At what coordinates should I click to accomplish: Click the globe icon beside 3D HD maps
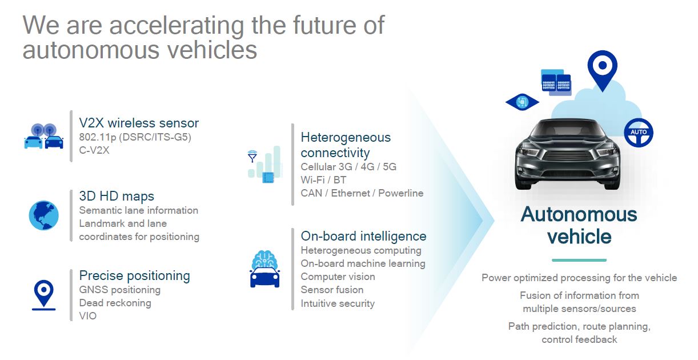tap(43, 215)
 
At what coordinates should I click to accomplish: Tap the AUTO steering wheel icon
tap(639, 133)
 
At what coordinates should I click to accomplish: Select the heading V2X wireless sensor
tap(139, 123)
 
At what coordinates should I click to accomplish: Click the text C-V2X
tap(94, 150)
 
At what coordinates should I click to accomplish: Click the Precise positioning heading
tap(134, 275)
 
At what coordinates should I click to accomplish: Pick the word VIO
tap(88, 316)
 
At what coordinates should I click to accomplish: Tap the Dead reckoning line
tap(115, 303)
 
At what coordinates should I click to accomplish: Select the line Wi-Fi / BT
tap(323, 180)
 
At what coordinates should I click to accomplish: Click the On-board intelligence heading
tap(363, 236)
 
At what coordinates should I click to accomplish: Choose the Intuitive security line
tap(338, 303)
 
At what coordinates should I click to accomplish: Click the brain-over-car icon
tap(264, 269)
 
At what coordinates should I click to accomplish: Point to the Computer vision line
tap(338, 277)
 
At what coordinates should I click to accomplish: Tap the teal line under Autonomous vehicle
tap(579, 260)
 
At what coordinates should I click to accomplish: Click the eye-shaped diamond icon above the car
tap(522, 102)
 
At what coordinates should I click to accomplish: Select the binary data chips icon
tap(556, 82)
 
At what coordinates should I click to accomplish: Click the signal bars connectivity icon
tap(265, 164)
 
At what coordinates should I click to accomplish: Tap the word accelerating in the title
tap(176, 26)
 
